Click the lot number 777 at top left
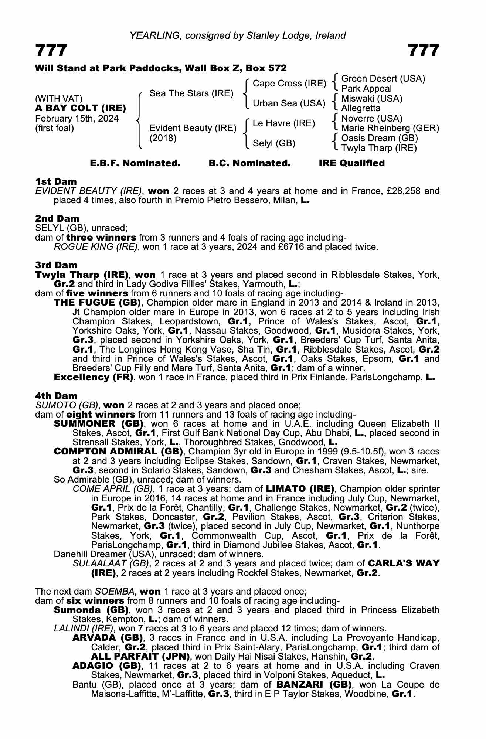[x=51, y=51]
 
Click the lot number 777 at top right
[x=424, y=51]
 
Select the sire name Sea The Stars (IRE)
[x=191, y=93]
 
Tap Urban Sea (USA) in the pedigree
[x=289, y=103]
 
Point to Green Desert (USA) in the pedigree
[x=383, y=79]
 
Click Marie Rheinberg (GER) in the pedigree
[x=390, y=128]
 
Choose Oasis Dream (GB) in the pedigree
[x=380, y=138]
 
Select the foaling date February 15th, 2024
[x=77, y=119]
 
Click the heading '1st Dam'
[x=56, y=181]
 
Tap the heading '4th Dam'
[x=56, y=396]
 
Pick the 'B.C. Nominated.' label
[x=249, y=163]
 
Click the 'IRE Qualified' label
[x=351, y=163]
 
